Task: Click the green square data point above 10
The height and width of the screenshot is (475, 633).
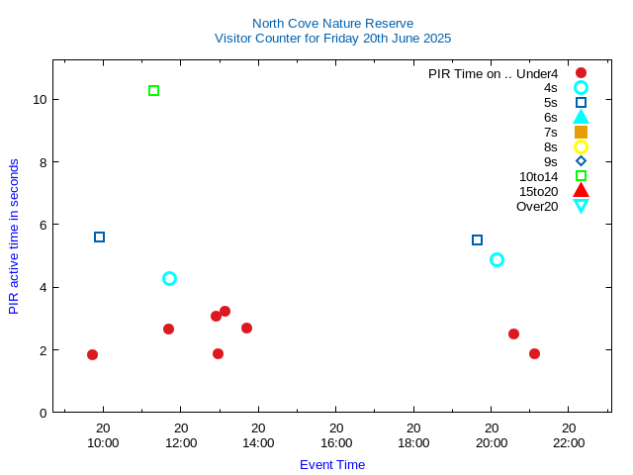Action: [x=153, y=91]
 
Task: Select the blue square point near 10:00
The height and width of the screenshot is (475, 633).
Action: [x=99, y=237]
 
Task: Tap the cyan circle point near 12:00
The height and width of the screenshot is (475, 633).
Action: [x=169, y=279]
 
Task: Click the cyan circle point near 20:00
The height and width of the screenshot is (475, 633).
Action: [x=497, y=260]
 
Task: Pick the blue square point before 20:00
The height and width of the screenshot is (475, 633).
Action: [x=477, y=240]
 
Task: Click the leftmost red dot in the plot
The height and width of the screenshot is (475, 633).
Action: [x=92, y=355]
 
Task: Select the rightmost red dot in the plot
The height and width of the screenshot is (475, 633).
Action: [x=534, y=354]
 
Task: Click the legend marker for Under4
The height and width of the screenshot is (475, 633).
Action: [x=581, y=73]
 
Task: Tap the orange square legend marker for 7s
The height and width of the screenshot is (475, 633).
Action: [x=581, y=132]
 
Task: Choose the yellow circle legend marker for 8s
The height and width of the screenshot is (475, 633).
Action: [x=581, y=146]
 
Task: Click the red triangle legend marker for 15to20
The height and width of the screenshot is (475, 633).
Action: [x=581, y=191]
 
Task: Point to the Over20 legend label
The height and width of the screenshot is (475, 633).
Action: [x=537, y=206]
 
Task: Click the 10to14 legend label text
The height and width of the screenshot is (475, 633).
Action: [x=538, y=176]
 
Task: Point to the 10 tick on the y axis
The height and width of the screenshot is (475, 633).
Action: [x=39, y=100]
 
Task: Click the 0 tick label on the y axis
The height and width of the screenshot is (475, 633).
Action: [x=42, y=413]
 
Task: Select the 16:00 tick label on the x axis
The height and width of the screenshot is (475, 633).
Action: [x=336, y=442]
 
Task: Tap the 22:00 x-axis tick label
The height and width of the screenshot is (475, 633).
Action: [x=569, y=442]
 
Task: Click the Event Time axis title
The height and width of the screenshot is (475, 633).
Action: [x=332, y=464]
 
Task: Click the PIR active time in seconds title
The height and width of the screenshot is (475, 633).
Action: [x=14, y=237]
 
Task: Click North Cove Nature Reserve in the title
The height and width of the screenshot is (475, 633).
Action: [x=332, y=23]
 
